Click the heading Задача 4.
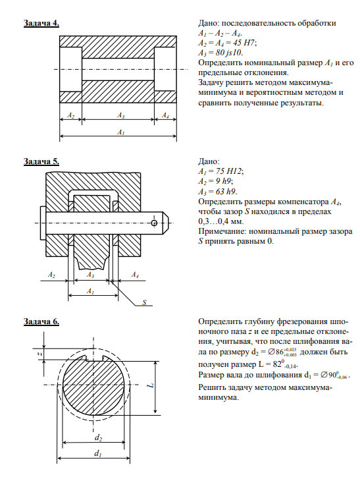[41, 24]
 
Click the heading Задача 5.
[41, 161]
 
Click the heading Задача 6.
[41, 321]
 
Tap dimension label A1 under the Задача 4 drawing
[121, 132]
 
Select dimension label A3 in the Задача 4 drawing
[121, 115]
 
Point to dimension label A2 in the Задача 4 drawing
[70, 115]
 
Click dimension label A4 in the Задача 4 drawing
[165, 115]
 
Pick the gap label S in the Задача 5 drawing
[144, 302]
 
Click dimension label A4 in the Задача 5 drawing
[135, 275]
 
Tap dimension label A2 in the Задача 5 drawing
[51, 275]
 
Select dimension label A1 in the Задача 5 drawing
[90, 291]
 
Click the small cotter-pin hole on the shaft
[154, 223]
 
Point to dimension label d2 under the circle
[98, 438]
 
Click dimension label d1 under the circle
[97, 453]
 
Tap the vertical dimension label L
[151, 385]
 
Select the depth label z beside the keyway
[37, 353]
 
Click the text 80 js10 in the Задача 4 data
[229, 53]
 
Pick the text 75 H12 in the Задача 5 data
[229, 171]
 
